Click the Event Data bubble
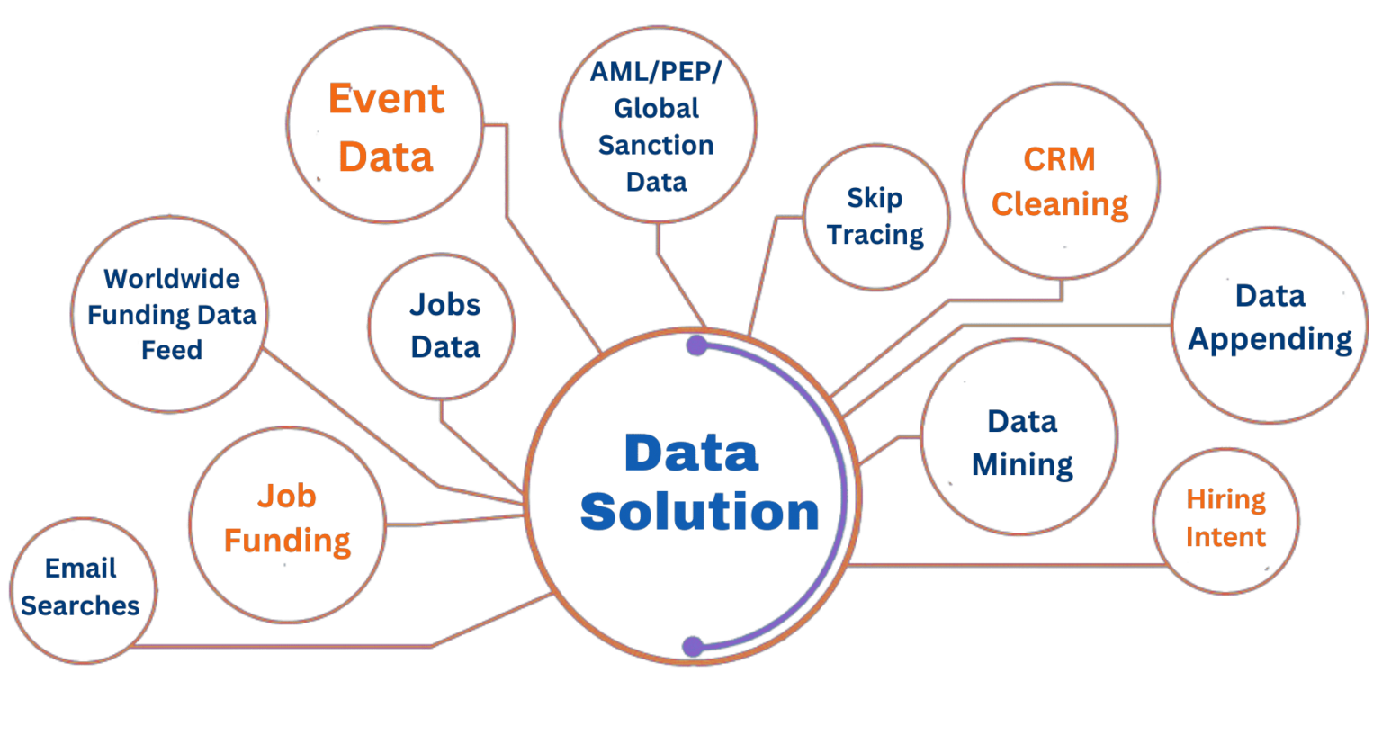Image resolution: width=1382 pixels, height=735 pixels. tap(385, 125)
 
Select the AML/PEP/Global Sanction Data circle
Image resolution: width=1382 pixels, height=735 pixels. tap(658, 126)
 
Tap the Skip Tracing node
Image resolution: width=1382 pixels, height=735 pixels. tap(875, 217)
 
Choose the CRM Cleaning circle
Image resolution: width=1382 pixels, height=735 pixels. tap(1061, 181)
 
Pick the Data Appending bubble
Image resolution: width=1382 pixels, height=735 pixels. tap(1270, 325)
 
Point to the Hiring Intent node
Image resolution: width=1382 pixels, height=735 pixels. tap(1225, 520)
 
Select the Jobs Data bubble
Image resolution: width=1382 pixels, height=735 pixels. tap(442, 327)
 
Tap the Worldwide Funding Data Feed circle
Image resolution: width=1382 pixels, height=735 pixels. tap(169, 314)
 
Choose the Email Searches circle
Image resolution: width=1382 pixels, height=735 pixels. tap(82, 590)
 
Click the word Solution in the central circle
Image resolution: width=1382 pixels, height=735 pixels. tap(699, 512)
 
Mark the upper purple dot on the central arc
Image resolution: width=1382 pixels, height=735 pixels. tap(696, 345)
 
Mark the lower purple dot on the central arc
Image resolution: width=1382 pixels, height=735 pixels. tap(693, 646)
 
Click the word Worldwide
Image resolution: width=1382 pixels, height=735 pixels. tap(172, 279)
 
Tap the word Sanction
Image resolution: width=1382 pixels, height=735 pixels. tap(656, 145)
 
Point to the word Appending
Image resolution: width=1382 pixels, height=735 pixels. tap(1270, 339)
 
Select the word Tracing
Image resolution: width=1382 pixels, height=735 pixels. tap(875, 235)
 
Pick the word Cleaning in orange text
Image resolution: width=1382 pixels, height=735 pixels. tap(1060, 204)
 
